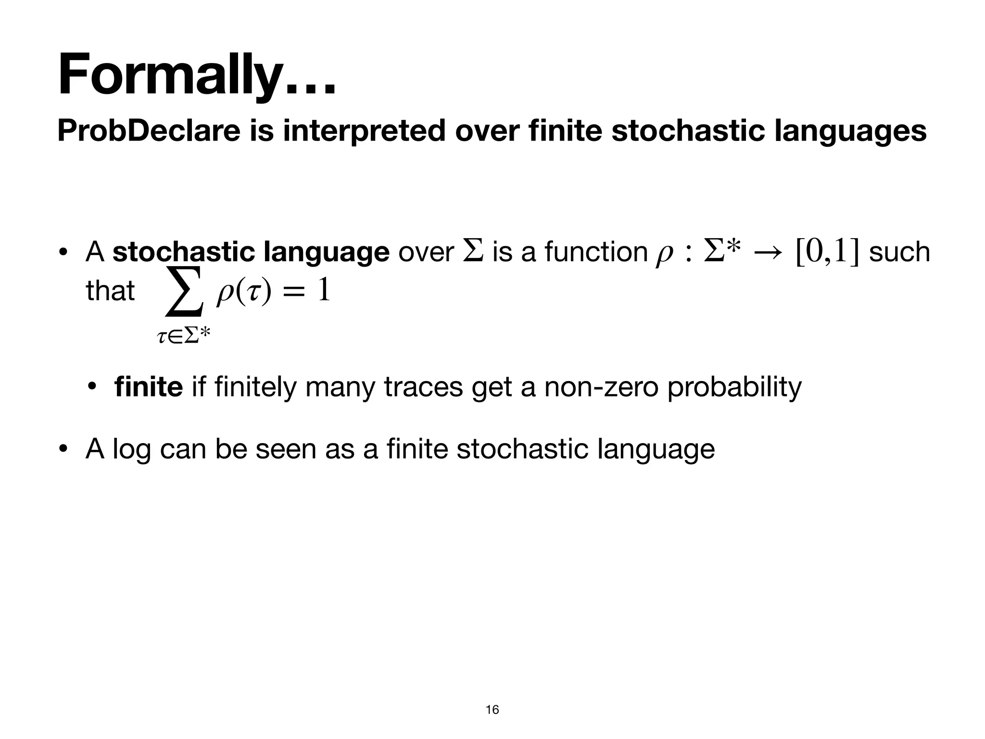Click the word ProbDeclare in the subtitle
coord(149,130)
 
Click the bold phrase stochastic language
coord(251,252)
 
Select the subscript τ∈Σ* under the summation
coord(184,336)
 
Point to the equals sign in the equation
coord(293,292)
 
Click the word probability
coord(734,387)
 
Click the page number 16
coord(492,709)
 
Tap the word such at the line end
coord(900,252)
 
